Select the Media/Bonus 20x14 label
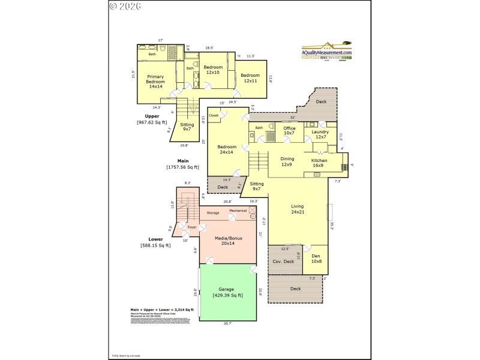coord(227,241)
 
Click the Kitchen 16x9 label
coord(319,163)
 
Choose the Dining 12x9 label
coord(287,161)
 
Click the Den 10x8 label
coord(316,259)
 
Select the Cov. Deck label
coord(283,261)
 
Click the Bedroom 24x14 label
coord(227,149)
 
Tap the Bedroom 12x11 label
coord(250,78)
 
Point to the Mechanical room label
coord(238,211)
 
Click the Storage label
coord(213,213)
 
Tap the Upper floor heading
coord(152,116)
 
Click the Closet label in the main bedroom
coord(214,115)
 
